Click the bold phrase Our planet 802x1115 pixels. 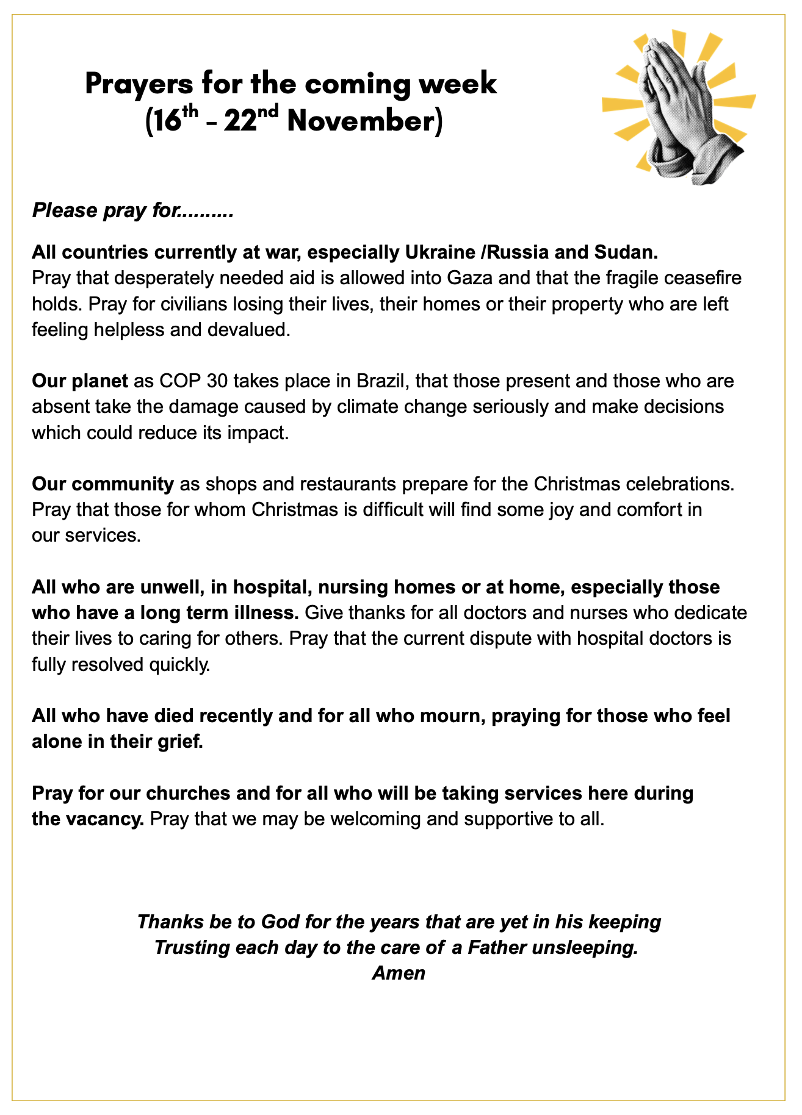79,381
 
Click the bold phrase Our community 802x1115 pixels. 103,484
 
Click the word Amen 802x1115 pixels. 399,973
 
